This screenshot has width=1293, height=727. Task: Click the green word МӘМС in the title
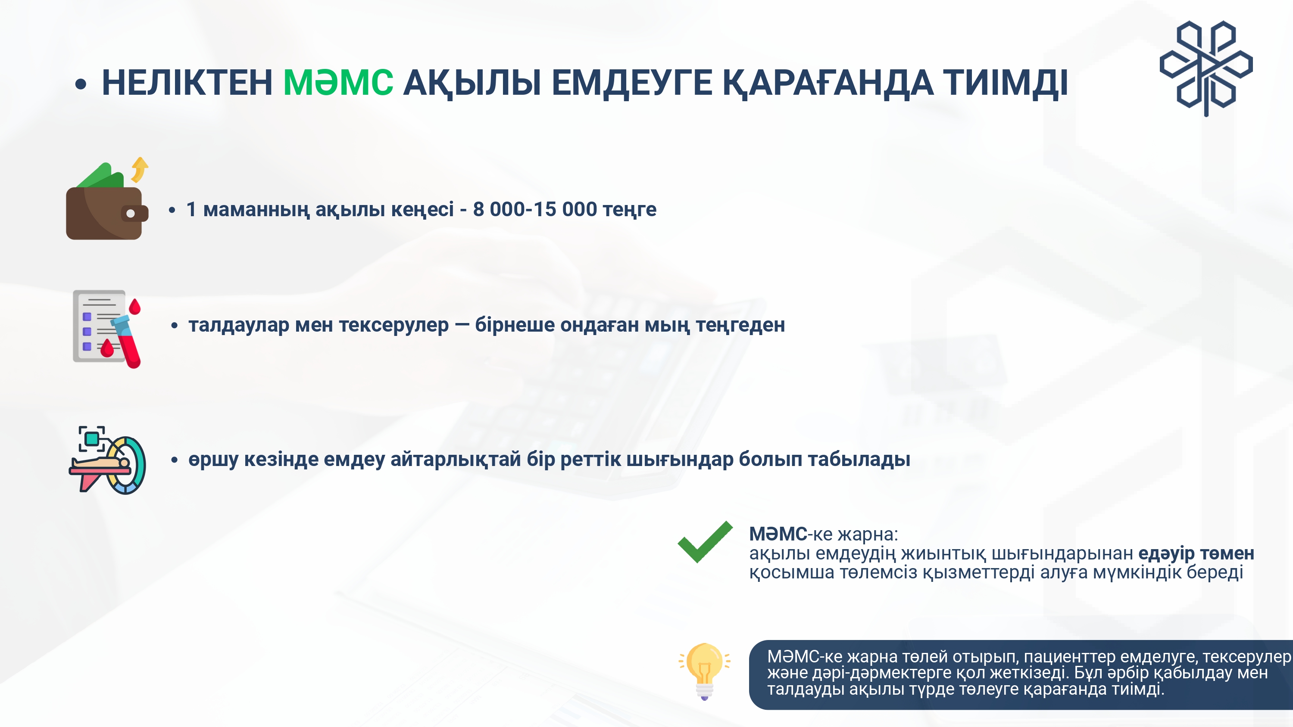pos(338,82)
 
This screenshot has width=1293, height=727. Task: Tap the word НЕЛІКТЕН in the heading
pos(187,82)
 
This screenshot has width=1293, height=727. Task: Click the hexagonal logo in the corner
pos(1206,68)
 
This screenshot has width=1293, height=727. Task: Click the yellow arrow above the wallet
pos(140,169)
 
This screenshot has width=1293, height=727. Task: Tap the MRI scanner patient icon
pos(107,460)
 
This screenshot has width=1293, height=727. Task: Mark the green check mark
pos(705,542)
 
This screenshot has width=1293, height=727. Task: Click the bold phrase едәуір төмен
pos(1196,553)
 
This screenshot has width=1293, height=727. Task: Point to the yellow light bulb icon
pos(704,671)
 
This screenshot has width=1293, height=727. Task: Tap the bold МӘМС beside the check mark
pos(778,534)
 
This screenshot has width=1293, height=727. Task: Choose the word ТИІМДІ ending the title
pos(1006,83)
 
